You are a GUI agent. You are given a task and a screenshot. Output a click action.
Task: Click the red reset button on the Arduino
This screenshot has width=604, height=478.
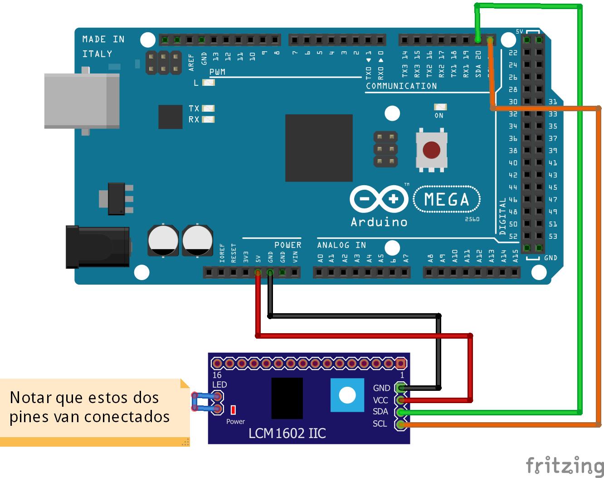[431, 150]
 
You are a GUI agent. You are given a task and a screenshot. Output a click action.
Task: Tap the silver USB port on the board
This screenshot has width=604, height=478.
[82, 101]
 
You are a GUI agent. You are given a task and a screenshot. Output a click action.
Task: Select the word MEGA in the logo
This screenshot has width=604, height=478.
[447, 200]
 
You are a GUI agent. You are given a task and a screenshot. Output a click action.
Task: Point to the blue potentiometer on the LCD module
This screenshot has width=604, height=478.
[347, 395]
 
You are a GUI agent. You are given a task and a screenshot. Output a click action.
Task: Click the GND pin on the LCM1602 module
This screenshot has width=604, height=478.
[400, 388]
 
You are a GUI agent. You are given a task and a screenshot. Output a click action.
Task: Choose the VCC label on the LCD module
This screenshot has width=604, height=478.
[380, 400]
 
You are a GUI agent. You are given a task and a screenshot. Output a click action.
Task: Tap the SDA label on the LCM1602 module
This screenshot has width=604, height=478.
[380, 412]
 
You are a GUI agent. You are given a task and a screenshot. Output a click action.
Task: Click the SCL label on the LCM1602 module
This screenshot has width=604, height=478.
[380, 424]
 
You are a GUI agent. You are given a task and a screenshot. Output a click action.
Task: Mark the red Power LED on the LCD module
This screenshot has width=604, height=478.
[233, 410]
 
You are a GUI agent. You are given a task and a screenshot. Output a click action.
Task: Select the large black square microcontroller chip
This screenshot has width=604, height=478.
[319, 148]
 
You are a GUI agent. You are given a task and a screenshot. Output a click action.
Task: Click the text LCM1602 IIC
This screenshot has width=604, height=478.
[287, 433]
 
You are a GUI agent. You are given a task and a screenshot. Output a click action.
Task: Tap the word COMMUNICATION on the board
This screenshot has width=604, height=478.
[401, 86]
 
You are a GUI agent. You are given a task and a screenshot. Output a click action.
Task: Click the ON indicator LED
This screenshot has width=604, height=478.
[439, 107]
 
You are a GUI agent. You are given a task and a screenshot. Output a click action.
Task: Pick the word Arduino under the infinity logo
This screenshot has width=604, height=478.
[379, 222]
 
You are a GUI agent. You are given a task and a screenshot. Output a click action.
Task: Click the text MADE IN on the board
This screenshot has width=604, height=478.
[103, 39]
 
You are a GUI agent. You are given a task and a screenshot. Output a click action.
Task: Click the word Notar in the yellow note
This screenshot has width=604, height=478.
[30, 398]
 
